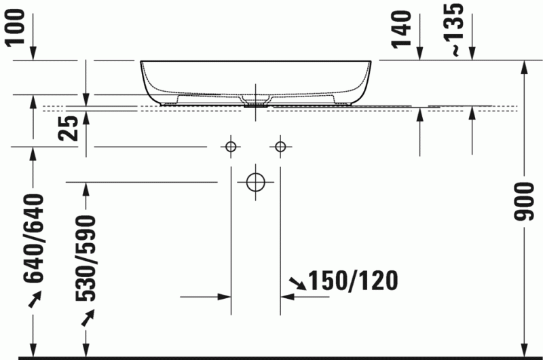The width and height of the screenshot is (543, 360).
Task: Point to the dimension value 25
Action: pos(68,126)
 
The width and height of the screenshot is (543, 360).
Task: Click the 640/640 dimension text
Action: pos(34,238)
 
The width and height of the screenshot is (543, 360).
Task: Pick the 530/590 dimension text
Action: pos(86,259)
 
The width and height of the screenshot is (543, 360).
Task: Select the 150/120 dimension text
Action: pos(352,280)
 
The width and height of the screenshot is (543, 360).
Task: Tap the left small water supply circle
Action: pos(231,146)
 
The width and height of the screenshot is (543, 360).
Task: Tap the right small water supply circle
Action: pos(280,146)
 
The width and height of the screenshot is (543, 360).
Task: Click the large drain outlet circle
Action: pos(255,181)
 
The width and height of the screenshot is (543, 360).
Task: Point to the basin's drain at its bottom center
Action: pos(255,104)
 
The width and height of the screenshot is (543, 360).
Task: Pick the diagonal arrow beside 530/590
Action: pos(87,317)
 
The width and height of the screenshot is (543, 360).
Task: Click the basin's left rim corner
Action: pos(142,62)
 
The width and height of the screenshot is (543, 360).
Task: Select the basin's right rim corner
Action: pos(371,62)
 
